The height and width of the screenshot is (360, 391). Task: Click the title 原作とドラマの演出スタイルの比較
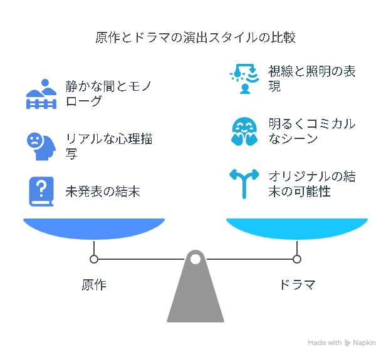[x=195, y=38]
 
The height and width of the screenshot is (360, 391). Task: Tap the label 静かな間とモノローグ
[x=110, y=93]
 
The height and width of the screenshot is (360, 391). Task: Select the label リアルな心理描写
[x=110, y=145]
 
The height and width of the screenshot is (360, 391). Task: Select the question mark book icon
[x=41, y=191]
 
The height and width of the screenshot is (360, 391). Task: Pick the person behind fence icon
[x=41, y=94]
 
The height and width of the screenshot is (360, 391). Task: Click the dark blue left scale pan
[x=94, y=228]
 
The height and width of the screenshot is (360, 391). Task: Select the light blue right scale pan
[x=297, y=228]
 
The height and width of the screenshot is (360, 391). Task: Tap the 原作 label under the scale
[x=94, y=285]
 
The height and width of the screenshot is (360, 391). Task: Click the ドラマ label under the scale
[x=297, y=285]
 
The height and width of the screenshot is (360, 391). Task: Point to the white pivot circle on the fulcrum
[x=195, y=259]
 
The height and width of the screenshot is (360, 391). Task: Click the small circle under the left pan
[x=94, y=259]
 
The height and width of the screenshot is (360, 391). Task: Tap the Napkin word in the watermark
[x=364, y=342]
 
